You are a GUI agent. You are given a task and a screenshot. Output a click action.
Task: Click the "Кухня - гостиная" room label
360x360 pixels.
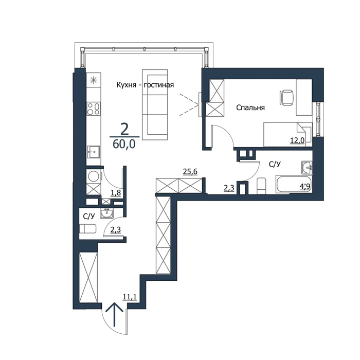point(145,85)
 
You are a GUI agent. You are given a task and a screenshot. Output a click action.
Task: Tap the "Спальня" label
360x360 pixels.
point(250,107)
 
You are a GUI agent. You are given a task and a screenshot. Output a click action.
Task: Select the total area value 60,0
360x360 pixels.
point(124,144)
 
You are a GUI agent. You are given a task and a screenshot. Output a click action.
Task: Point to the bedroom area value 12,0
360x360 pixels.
point(297,140)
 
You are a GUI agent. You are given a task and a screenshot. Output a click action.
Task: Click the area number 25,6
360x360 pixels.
point(190,171)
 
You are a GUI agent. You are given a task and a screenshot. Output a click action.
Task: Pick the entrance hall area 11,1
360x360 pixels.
point(130,297)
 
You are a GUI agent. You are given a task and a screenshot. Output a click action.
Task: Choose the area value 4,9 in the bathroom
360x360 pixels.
point(305,186)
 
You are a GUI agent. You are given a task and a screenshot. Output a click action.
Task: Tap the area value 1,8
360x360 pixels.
point(116,193)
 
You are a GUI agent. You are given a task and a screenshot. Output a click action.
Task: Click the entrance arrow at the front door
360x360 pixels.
point(114,314)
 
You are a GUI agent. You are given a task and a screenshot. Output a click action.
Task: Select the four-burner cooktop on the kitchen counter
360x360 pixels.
point(94,109)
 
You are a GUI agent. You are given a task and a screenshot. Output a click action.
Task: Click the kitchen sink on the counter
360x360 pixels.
point(93,152)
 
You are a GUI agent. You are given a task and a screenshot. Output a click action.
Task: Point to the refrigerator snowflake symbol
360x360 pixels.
point(94,80)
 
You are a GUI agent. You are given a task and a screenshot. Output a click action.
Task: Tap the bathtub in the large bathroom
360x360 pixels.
point(294,184)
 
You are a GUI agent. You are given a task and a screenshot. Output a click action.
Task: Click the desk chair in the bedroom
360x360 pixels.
point(286,98)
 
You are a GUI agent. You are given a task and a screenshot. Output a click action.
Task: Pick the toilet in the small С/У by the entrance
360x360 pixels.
point(88,229)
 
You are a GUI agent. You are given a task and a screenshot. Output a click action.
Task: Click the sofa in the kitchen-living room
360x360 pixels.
point(155,105)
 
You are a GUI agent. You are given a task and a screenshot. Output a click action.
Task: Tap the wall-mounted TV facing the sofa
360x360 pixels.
point(200,104)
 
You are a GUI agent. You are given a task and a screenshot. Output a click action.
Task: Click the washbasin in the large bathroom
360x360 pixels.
point(307,167)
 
